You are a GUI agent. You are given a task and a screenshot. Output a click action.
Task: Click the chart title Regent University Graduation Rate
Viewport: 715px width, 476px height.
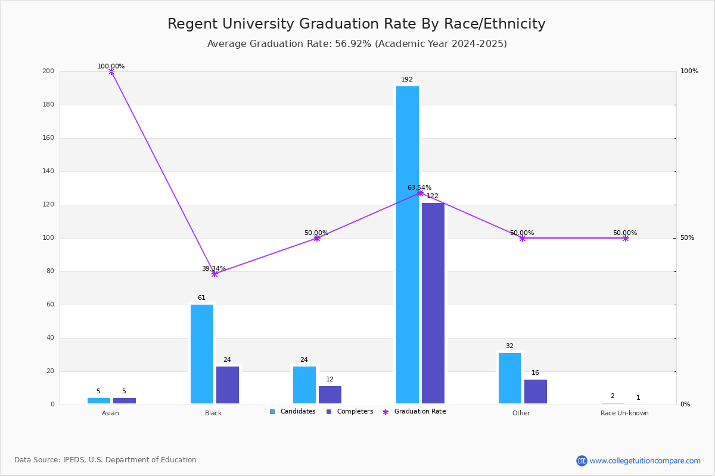coord(356,24)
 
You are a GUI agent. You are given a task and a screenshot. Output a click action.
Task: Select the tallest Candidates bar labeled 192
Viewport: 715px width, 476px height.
coord(408,245)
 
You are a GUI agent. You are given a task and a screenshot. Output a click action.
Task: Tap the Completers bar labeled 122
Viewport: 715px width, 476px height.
coord(433,303)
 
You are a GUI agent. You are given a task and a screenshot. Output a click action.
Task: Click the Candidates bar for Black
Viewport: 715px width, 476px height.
coord(202,354)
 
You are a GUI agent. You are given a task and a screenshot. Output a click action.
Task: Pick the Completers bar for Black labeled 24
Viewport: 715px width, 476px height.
coord(228,385)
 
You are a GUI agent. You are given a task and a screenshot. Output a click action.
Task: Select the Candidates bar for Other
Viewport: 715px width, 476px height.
coord(510,378)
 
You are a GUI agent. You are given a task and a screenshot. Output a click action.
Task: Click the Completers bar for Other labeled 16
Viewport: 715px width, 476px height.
coord(536,392)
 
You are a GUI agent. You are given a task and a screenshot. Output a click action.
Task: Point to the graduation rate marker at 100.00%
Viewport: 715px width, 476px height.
coord(111,71)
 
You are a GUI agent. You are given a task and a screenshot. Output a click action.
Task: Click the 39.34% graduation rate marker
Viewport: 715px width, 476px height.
coord(214,274)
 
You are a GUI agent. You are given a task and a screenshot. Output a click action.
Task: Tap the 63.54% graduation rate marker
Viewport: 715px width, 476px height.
coord(420,193)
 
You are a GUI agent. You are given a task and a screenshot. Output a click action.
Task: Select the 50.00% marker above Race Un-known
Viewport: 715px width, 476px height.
coord(626,238)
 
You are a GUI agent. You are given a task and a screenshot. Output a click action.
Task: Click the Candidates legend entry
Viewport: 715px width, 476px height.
coord(293,412)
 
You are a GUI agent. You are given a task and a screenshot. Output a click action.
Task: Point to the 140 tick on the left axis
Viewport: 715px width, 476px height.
coord(48,171)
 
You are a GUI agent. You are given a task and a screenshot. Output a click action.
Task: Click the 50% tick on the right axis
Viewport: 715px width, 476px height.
coord(687,238)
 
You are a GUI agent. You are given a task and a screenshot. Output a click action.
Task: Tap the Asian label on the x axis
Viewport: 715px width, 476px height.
coord(110,413)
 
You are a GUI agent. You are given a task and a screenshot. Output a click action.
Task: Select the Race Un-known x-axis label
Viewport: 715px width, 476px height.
coord(624,413)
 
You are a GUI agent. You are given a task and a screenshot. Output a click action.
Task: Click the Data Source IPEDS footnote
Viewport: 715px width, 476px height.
coord(105,460)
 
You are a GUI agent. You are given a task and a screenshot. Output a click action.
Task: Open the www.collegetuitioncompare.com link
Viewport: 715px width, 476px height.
coord(645,461)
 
